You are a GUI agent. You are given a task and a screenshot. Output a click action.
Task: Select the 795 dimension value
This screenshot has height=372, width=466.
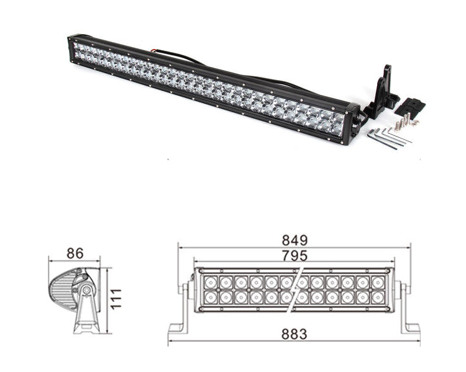pyautogui.click(x=294, y=255)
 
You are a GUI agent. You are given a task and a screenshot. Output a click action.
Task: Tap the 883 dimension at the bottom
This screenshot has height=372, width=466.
pyautogui.click(x=294, y=334)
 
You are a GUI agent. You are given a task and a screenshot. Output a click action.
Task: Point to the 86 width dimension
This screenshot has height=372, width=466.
pyautogui.click(x=75, y=253)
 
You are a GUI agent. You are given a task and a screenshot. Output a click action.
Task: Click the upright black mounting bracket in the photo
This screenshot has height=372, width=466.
pyautogui.click(x=383, y=93)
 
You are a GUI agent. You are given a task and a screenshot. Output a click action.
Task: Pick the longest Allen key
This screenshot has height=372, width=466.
pyautogui.click(x=388, y=141)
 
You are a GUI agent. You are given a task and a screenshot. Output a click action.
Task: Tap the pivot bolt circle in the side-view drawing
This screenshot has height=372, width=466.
pyautogui.click(x=85, y=290)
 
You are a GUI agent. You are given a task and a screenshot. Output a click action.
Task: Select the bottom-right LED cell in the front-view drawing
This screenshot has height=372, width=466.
pyautogui.click(x=378, y=298)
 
